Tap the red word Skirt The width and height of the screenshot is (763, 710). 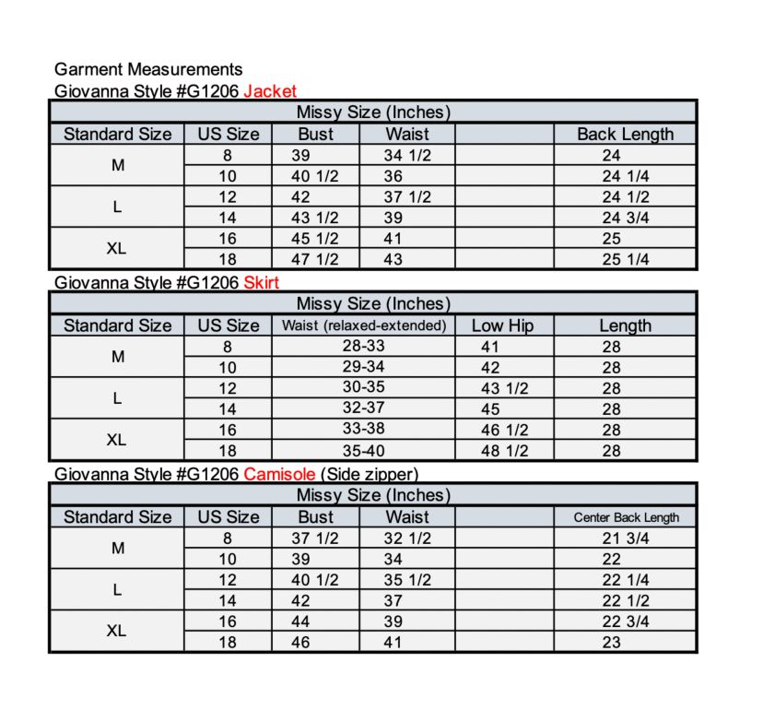(261, 282)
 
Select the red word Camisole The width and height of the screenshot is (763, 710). (279, 474)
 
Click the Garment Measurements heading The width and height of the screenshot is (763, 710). (148, 69)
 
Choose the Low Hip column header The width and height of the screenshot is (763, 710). (502, 325)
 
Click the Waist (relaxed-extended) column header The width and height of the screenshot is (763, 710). (363, 325)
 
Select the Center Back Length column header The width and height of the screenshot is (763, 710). (626, 517)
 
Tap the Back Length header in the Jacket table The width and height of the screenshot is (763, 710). (625, 134)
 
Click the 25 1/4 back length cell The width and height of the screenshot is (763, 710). (626, 259)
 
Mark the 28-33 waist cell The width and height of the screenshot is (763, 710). (363, 347)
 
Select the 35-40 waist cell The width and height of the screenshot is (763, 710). (363, 451)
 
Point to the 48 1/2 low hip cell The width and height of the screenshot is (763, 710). (504, 451)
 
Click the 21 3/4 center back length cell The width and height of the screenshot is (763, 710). (626, 538)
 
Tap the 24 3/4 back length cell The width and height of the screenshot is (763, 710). (626, 218)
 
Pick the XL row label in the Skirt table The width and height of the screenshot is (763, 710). (116, 440)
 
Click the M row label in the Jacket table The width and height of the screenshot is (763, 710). (117, 166)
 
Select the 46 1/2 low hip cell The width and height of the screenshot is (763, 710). (504, 430)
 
